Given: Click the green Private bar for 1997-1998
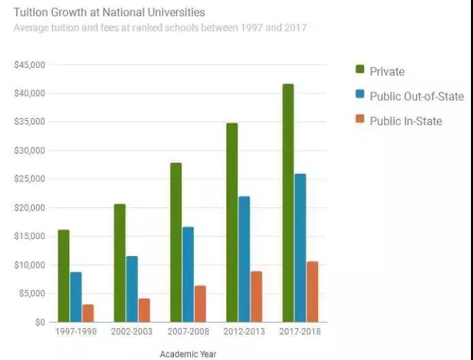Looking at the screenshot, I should click(x=63, y=275).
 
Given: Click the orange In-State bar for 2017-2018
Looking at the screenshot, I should click(x=312, y=291).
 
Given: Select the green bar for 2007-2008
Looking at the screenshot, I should click(x=176, y=242).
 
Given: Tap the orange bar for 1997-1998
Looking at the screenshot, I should click(x=88, y=313).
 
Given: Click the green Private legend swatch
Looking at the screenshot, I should click(x=360, y=70).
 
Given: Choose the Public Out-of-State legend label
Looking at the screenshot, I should click(x=417, y=96).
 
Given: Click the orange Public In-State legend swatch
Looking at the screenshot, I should click(x=360, y=120).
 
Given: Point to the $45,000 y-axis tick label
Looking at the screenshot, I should click(x=29, y=65).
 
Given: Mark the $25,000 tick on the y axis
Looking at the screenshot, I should click(x=29, y=179).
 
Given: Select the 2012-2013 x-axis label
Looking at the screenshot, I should click(x=244, y=332).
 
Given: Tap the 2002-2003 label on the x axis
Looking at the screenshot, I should click(x=132, y=332).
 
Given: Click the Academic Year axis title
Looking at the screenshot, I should click(x=188, y=353).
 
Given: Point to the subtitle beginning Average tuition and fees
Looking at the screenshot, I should click(x=160, y=28).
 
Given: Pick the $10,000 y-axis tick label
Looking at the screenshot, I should click(x=29, y=265).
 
